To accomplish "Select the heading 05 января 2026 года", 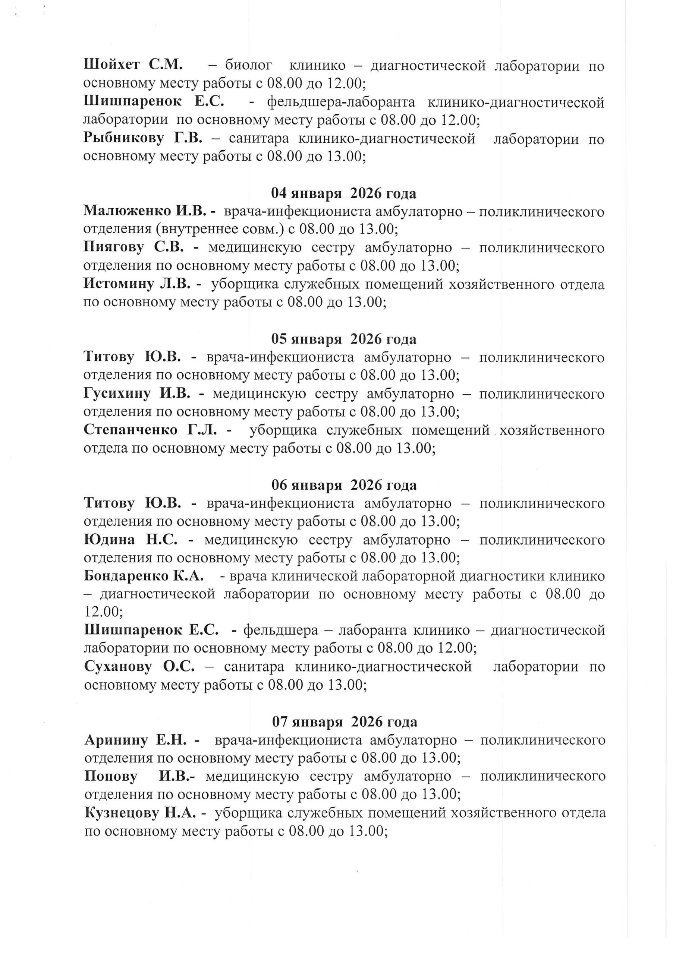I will [343, 339].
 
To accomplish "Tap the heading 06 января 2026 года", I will [344, 485].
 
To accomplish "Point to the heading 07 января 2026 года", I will [345, 721].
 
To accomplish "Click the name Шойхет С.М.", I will [133, 65].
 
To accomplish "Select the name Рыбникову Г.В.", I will [143, 138].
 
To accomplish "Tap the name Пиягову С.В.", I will [133, 247].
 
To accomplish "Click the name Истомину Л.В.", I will [137, 284].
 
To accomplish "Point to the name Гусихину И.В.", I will [137, 393].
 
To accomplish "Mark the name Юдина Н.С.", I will [131, 540].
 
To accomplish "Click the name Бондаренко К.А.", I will [144, 576].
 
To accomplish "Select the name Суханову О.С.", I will [139, 667].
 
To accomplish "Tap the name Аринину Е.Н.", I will [137, 740].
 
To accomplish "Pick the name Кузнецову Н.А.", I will [139, 812].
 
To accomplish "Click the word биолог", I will [249, 66].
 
